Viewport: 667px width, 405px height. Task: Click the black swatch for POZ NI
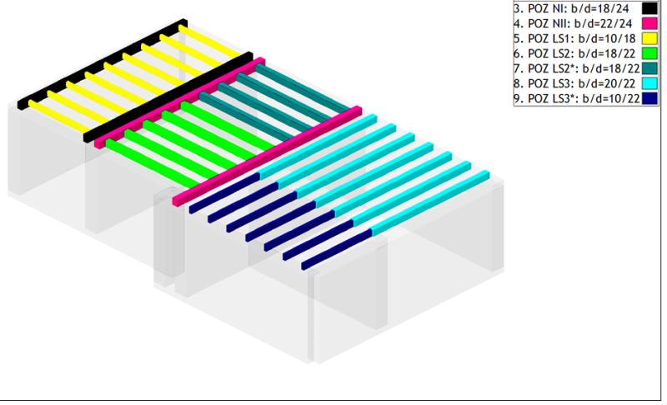[650, 8]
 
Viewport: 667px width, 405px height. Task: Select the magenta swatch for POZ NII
[650, 23]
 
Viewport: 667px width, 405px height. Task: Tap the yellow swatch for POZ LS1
[650, 38]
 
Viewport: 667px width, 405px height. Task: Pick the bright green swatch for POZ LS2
[650, 53]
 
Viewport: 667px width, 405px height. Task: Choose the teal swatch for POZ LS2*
[650, 68]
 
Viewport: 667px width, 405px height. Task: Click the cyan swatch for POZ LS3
[650, 83]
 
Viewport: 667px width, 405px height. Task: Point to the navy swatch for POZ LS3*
[650, 98]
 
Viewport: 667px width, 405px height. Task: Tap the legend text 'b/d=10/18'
[603, 38]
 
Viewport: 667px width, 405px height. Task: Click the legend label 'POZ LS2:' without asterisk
[549, 53]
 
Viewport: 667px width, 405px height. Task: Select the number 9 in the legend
[517, 98]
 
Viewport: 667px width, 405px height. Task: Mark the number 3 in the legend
[517, 8]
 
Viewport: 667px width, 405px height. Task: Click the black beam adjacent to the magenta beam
[167, 96]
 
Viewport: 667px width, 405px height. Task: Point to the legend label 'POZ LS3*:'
[553, 98]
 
